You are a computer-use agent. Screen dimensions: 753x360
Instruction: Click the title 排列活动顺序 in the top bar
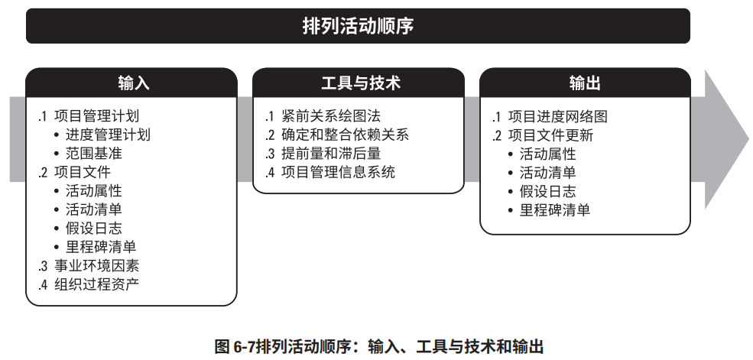[358, 27]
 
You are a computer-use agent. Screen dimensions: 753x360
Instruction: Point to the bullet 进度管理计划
[108, 135]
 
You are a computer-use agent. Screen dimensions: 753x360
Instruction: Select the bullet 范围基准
[93, 154]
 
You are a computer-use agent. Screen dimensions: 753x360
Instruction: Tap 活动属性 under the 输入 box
[93, 190]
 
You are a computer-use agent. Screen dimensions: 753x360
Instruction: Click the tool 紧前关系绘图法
[330, 117]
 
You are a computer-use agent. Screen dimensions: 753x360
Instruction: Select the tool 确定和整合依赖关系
[345, 135]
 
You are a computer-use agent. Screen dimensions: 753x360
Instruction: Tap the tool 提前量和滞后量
[330, 154]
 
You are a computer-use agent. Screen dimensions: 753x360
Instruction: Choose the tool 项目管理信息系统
[338, 172]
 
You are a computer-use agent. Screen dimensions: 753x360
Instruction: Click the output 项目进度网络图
[557, 117]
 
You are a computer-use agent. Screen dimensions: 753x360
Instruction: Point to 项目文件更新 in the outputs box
[550, 135]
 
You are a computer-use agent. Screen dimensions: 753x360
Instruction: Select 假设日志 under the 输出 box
[547, 191]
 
